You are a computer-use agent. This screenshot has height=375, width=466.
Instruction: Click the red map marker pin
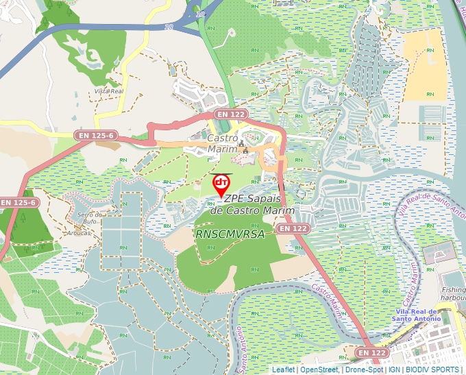click(221, 184)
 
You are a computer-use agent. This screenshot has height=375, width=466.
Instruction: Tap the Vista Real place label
click(108, 91)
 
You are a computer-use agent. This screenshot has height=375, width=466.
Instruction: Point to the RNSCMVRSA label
click(230, 234)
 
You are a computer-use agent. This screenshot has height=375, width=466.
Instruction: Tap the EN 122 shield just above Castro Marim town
click(230, 114)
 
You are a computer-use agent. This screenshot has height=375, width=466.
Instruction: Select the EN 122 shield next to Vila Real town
click(372, 352)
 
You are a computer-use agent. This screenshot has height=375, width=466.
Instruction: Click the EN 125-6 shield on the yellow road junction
click(95, 136)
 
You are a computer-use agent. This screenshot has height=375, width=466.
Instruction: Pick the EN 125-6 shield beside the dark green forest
click(17, 203)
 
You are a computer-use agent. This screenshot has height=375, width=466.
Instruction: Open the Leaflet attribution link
click(283, 370)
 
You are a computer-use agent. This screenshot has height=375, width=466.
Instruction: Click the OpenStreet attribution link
click(319, 370)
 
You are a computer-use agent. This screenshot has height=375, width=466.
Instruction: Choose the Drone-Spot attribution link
click(363, 370)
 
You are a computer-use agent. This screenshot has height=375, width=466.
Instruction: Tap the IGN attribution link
click(394, 370)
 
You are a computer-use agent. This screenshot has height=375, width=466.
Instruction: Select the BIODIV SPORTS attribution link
click(432, 370)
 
